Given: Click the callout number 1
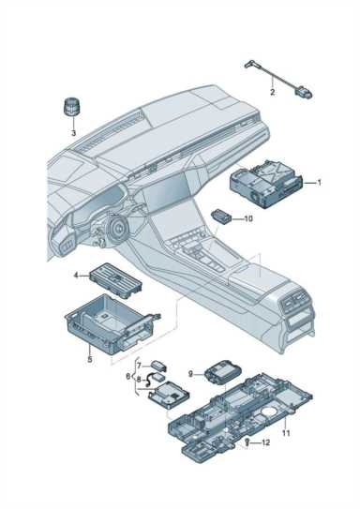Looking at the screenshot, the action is coord(319,183).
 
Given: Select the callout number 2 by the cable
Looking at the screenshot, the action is coord(273,92).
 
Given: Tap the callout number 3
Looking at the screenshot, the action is coord(73,133).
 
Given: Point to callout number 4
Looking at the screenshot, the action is coord(76,276).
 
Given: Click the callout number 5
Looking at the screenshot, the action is coord(90,359).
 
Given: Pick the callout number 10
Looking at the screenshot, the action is coord(248,219).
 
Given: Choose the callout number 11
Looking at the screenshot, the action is coord(286,433).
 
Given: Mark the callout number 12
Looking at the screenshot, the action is coord(265,442).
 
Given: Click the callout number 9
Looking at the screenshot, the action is coord(190,374).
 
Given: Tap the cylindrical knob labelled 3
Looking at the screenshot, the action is coord(70,106).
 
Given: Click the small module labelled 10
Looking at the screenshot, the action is coord(222,216).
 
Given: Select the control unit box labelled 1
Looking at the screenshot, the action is coord(266,184).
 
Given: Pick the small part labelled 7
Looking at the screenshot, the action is coord(158,366).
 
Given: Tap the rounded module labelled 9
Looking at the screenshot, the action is coord(223,372).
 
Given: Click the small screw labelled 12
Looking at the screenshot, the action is coord(247,442).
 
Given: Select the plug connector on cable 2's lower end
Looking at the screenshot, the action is coord(304,91).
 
